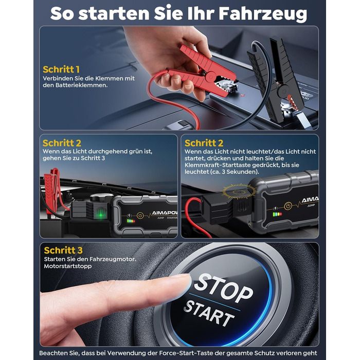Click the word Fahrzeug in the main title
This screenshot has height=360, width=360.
click(263, 13)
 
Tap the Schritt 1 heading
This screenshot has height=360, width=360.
click(61, 69)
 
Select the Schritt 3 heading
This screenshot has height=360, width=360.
click(63, 250)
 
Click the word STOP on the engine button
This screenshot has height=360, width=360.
click(223, 288)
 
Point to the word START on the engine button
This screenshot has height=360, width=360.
click(208, 314)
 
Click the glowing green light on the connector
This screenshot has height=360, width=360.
click(100, 215)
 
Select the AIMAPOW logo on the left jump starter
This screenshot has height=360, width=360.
click(165, 213)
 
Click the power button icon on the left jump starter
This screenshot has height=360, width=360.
click(140, 215)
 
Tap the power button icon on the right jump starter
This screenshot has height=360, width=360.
click(288, 206)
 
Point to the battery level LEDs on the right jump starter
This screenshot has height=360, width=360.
click(277, 214)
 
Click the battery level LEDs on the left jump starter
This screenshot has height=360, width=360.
click(131, 221)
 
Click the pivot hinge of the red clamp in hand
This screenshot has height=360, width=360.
click(210, 77)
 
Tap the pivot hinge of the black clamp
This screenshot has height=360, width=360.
click(284, 91)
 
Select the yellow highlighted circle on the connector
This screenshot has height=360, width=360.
click(239, 191)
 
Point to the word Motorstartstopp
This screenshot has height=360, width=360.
click(68, 266)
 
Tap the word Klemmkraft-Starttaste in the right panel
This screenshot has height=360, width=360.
click(218, 165)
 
